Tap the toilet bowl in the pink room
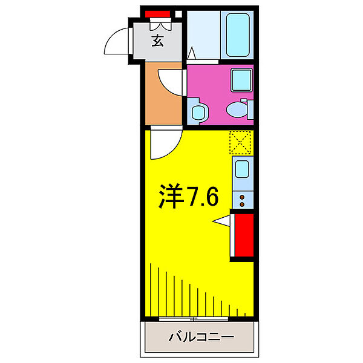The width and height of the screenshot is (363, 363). [x=237, y=108]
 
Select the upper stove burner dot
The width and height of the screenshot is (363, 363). [x=242, y=196]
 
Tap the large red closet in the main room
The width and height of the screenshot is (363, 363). [x=243, y=237]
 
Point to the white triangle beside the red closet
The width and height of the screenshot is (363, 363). [x=223, y=221]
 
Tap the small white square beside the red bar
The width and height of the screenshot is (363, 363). [x=179, y=14]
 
